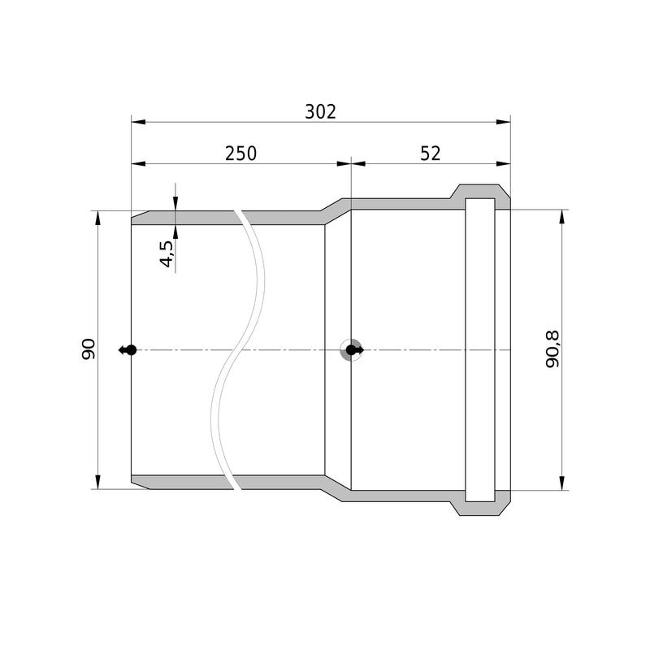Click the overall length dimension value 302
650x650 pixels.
coord(320,112)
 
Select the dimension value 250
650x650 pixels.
coord(240,154)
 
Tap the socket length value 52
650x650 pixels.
coord(431,154)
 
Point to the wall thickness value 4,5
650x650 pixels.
coord(167,253)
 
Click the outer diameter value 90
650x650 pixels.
coord(89,349)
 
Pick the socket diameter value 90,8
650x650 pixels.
coord(552,349)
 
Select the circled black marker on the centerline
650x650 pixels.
coord(352,350)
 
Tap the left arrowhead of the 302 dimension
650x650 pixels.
coord(138,122)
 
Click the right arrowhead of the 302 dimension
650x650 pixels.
coord(503,122)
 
